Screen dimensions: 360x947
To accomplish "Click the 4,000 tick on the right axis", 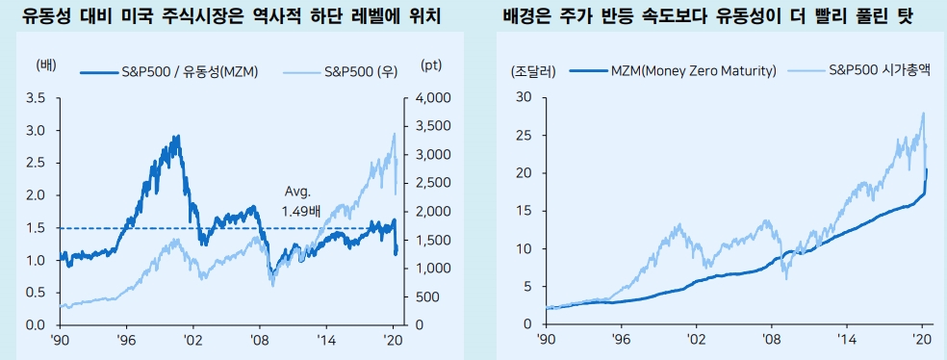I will (434, 98).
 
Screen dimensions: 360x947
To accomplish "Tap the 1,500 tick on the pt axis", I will (434, 240).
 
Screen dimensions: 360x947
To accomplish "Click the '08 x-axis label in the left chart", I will (259, 340).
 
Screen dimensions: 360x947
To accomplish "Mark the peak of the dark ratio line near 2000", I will (177, 137).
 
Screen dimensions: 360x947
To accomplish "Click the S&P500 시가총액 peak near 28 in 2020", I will (923, 113).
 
